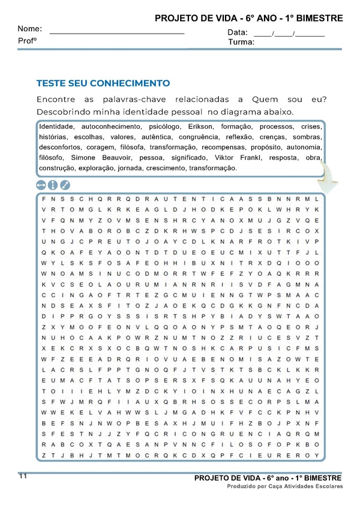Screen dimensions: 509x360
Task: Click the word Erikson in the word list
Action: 200,127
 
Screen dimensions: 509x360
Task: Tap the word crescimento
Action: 165,167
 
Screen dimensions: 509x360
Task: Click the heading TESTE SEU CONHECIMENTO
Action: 103,83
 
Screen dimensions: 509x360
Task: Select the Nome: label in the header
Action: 29,29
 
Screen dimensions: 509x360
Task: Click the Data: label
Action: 238,32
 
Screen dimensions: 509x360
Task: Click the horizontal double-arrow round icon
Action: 41,185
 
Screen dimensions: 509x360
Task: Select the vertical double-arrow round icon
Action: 53,185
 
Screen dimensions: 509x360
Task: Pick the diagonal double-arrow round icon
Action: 65,185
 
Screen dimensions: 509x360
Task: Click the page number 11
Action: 23,476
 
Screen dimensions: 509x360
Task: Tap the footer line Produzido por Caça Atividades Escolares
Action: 284,486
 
